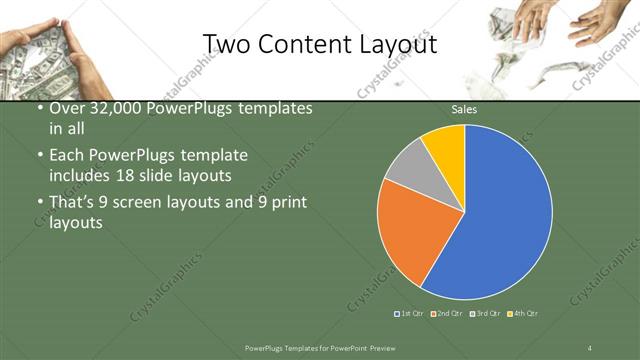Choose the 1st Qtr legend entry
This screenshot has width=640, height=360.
(x=411, y=314)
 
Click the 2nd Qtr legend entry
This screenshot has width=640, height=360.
(x=448, y=314)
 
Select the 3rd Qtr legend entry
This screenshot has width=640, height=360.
(x=485, y=314)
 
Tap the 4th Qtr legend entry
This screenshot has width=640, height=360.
(x=523, y=314)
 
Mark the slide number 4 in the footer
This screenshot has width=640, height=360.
(x=590, y=346)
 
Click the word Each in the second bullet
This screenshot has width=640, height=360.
(x=67, y=156)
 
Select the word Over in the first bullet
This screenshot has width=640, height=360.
(x=67, y=108)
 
